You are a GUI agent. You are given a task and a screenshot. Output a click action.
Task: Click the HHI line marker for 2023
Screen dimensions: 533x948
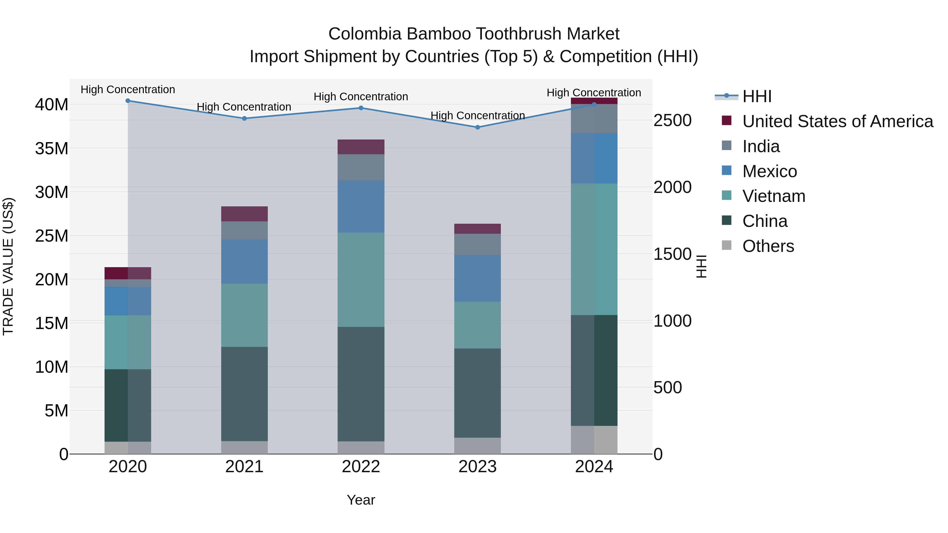click(477, 127)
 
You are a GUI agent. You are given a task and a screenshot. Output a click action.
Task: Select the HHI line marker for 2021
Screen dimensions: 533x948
click(244, 118)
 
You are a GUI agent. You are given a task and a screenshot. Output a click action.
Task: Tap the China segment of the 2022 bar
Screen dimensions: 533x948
click(361, 384)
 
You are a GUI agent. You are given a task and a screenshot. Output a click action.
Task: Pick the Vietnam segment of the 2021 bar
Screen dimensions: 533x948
click(244, 315)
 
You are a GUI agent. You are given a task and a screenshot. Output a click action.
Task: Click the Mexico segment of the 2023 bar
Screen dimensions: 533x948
click(477, 278)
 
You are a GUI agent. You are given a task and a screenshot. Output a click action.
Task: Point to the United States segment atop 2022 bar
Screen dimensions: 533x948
click(361, 147)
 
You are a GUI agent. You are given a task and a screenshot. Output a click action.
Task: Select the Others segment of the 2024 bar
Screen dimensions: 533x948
click(594, 440)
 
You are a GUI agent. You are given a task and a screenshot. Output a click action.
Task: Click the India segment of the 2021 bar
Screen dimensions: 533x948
click(244, 231)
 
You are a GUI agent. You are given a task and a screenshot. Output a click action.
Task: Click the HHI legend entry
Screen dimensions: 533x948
click(757, 96)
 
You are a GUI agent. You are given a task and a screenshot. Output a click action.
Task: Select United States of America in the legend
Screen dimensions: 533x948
click(837, 121)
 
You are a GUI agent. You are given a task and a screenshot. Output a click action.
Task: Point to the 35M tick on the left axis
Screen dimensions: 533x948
click(52, 149)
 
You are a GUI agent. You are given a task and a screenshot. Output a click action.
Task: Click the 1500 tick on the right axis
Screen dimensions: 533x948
click(672, 254)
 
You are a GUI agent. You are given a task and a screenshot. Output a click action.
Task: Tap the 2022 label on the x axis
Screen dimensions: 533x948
click(361, 467)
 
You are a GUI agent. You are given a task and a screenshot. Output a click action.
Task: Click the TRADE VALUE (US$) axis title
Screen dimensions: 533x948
click(8, 266)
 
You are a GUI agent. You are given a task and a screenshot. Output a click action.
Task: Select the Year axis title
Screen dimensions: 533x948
click(361, 500)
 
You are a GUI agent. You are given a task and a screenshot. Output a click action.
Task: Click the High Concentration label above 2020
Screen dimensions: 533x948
click(128, 89)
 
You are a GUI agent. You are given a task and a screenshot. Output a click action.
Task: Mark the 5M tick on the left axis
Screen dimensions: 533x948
click(56, 411)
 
